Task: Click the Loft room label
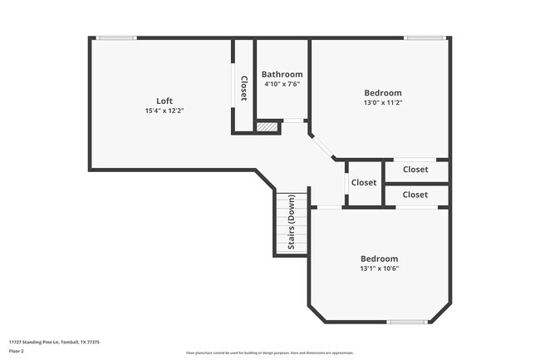coord(164,101)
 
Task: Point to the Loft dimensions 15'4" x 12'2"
coord(164,111)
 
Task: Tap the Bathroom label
coord(282,74)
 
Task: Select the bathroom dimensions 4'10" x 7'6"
coord(282,84)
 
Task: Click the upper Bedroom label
coord(383,92)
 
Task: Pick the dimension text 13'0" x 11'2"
coord(383,102)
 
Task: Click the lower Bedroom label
coord(379,259)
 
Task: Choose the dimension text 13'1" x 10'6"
coord(379,269)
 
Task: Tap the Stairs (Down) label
coord(292,222)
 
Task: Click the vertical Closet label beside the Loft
coord(243,88)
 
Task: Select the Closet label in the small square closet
coord(363,183)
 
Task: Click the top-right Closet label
coord(415,170)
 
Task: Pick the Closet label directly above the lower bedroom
coord(415,195)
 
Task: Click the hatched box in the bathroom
coord(267,127)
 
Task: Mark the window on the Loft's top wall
coord(116,37)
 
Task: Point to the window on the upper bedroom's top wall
coord(424,37)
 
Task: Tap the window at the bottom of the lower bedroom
coord(408,322)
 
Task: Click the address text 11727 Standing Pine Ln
coord(54,342)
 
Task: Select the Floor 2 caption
coord(17,352)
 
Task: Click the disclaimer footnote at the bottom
coord(269,353)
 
